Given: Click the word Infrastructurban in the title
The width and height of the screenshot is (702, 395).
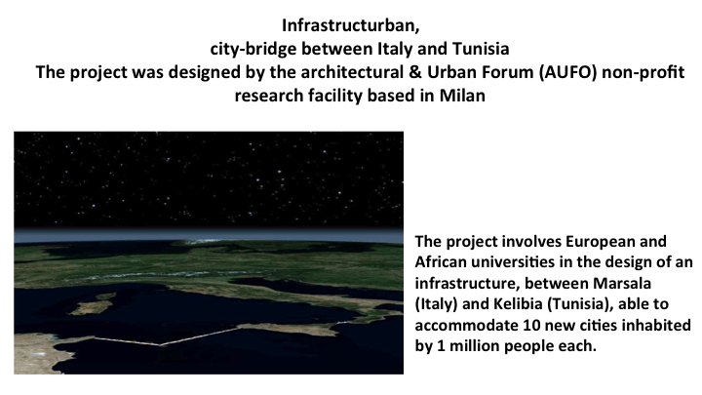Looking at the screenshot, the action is click(x=351, y=25).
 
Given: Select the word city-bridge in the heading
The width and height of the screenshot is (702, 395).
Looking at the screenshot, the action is click(x=253, y=49).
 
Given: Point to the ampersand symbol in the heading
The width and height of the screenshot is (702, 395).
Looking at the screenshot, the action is click(x=414, y=72).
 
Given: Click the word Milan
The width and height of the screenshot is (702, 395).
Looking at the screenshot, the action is click(x=462, y=96).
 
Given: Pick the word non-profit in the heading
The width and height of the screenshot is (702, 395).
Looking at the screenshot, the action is click(x=643, y=72).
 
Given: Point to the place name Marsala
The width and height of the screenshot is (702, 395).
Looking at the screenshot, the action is click(x=622, y=283).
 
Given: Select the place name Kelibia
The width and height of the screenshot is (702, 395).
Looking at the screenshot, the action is click(x=518, y=304).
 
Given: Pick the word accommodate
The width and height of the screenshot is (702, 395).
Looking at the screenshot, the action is click(x=466, y=325).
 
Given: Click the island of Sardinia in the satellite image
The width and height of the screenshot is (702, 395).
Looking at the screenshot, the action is click(x=93, y=307).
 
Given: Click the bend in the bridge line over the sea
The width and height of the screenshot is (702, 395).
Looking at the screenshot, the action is click(x=160, y=345).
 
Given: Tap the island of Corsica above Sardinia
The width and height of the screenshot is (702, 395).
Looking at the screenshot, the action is click(x=105, y=296).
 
